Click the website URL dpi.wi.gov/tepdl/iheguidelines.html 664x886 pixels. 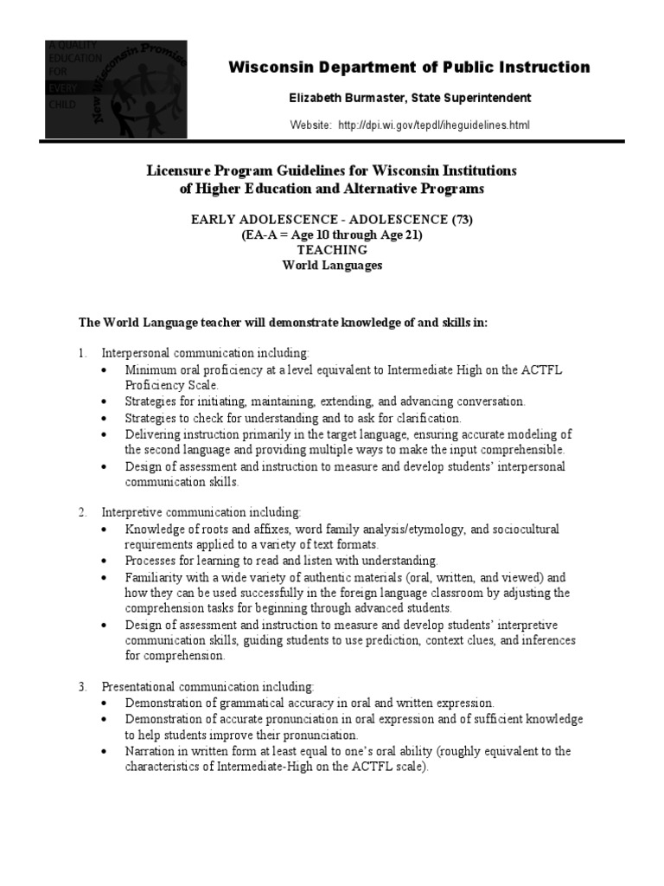click(433, 125)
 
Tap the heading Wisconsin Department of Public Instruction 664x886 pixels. click(409, 67)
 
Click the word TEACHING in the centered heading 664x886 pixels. click(332, 250)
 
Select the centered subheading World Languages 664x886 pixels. click(332, 266)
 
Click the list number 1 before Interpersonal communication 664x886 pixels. click(82, 354)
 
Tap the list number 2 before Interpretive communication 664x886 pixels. click(82, 513)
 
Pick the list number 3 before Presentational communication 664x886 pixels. click(82, 688)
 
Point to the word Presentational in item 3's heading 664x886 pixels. click(140, 688)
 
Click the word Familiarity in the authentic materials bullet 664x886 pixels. click(154, 577)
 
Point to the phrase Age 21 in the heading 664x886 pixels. click(398, 234)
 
